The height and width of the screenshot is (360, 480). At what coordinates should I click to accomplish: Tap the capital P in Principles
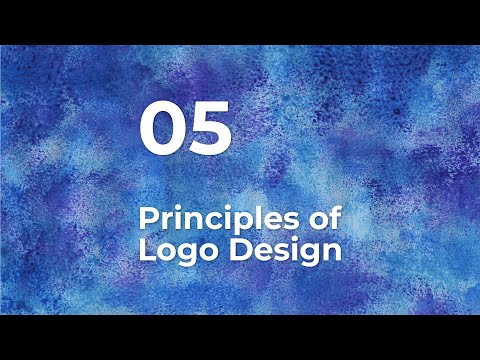pos(147,217)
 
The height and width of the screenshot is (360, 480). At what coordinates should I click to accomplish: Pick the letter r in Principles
pos(163,220)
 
